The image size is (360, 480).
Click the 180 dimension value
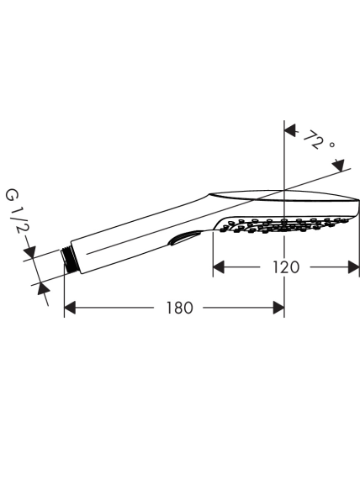tap(179, 308)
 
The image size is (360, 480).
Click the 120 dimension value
tap(286, 267)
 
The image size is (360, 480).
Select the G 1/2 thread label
tap(15, 212)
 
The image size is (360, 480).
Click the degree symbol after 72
tap(331, 145)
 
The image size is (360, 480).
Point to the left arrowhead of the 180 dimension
tap(70, 308)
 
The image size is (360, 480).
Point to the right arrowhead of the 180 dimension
tap(278, 308)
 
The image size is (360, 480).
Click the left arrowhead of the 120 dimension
tap(219, 267)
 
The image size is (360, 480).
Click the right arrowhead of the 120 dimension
tap(353, 267)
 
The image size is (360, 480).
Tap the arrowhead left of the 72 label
tap(290, 130)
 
